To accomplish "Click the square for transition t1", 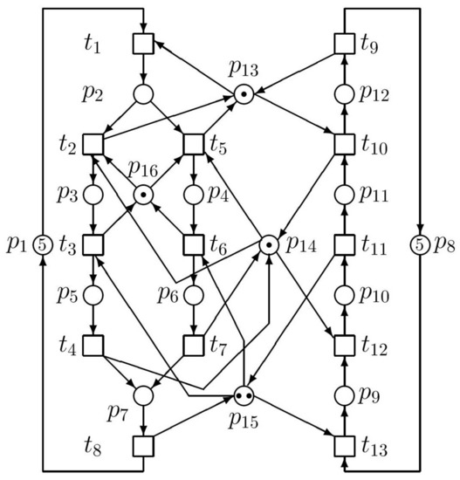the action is [143, 43].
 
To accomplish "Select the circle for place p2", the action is [143, 94].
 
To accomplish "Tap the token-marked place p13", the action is [244, 94].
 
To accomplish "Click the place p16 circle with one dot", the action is [143, 195].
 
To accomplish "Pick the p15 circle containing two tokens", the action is [244, 395].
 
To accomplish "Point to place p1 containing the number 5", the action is [43, 245].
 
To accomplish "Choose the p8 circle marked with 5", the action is [420, 245].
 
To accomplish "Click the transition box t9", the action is [345, 44].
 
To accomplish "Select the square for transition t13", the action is [345, 446].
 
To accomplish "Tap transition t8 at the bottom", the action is [143, 446].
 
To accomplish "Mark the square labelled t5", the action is [194, 144].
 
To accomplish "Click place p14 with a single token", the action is [269, 245].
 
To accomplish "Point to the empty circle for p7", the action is [143, 395].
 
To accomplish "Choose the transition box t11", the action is [345, 245].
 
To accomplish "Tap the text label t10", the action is [374, 145].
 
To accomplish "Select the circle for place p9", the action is [345, 395].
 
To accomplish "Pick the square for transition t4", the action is [93, 346].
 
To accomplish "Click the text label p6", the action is [168, 294].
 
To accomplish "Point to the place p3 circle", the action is [93, 195].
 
